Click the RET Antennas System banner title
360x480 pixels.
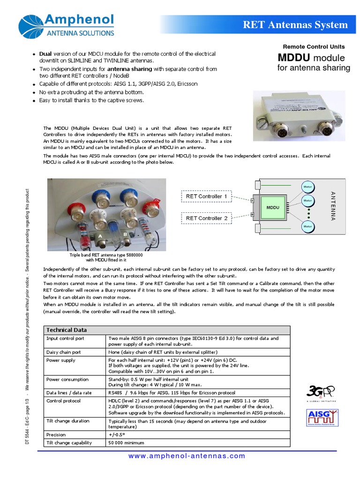[x=295, y=25]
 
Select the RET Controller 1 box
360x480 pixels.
[x=206, y=196]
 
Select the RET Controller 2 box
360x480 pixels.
[x=206, y=218]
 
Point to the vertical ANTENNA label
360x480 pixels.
[x=333, y=206]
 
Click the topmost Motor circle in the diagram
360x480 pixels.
[x=307, y=187]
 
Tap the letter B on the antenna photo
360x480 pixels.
[x=125, y=234]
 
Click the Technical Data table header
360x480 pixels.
[x=66, y=330]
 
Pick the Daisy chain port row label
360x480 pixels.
[x=63, y=352]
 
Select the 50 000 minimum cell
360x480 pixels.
[x=126, y=442]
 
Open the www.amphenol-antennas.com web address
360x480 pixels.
[x=187, y=456]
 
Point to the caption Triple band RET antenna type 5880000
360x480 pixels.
[x=106, y=255]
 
